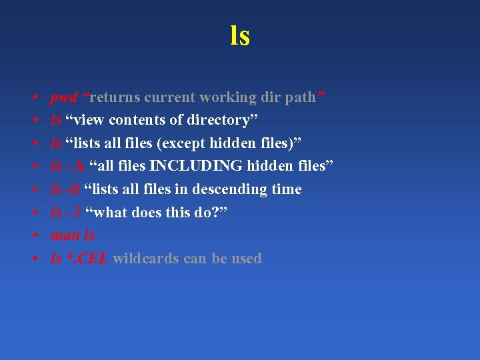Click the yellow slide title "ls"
click(x=240, y=35)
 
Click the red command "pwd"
click(x=64, y=98)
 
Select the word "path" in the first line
click(x=299, y=97)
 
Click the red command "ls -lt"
click(x=65, y=189)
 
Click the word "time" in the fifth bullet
click(x=287, y=189)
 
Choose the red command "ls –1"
click(x=66, y=212)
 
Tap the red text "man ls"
click(x=73, y=235)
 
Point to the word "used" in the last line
click(x=246, y=259)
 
